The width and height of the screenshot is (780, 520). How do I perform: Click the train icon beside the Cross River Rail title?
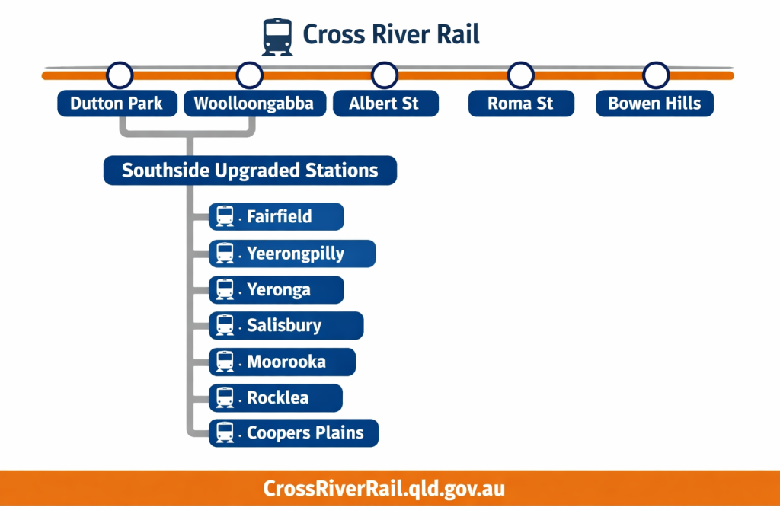click(277, 37)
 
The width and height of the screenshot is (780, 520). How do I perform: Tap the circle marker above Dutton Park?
click(120, 75)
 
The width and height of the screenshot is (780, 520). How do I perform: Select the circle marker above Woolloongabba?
click(250, 75)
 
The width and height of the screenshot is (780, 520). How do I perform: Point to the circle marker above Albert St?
click(385, 75)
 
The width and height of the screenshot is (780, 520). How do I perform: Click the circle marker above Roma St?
click(521, 75)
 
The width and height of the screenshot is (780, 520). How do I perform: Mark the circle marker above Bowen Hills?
click(656, 75)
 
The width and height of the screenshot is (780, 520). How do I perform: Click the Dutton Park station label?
click(117, 104)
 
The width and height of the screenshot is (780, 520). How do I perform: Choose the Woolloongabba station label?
click(254, 104)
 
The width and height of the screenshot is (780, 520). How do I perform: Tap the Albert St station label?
click(385, 104)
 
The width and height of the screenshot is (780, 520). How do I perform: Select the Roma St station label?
click(521, 104)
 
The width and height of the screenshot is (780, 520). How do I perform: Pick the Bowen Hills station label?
click(654, 104)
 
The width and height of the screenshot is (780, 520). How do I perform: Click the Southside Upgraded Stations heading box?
click(250, 170)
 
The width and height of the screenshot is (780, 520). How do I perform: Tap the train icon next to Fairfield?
click(225, 216)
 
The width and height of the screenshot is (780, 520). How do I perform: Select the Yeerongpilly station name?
click(296, 254)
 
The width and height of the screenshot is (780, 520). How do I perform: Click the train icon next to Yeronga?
click(225, 290)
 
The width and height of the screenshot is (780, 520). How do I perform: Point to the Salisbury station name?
click(284, 326)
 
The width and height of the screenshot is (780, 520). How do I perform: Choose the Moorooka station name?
click(286, 362)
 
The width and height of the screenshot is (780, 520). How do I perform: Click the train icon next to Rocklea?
click(225, 397)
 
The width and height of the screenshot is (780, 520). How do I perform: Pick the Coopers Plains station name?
click(305, 433)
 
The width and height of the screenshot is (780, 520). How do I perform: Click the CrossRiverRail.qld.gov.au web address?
click(384, 489)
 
